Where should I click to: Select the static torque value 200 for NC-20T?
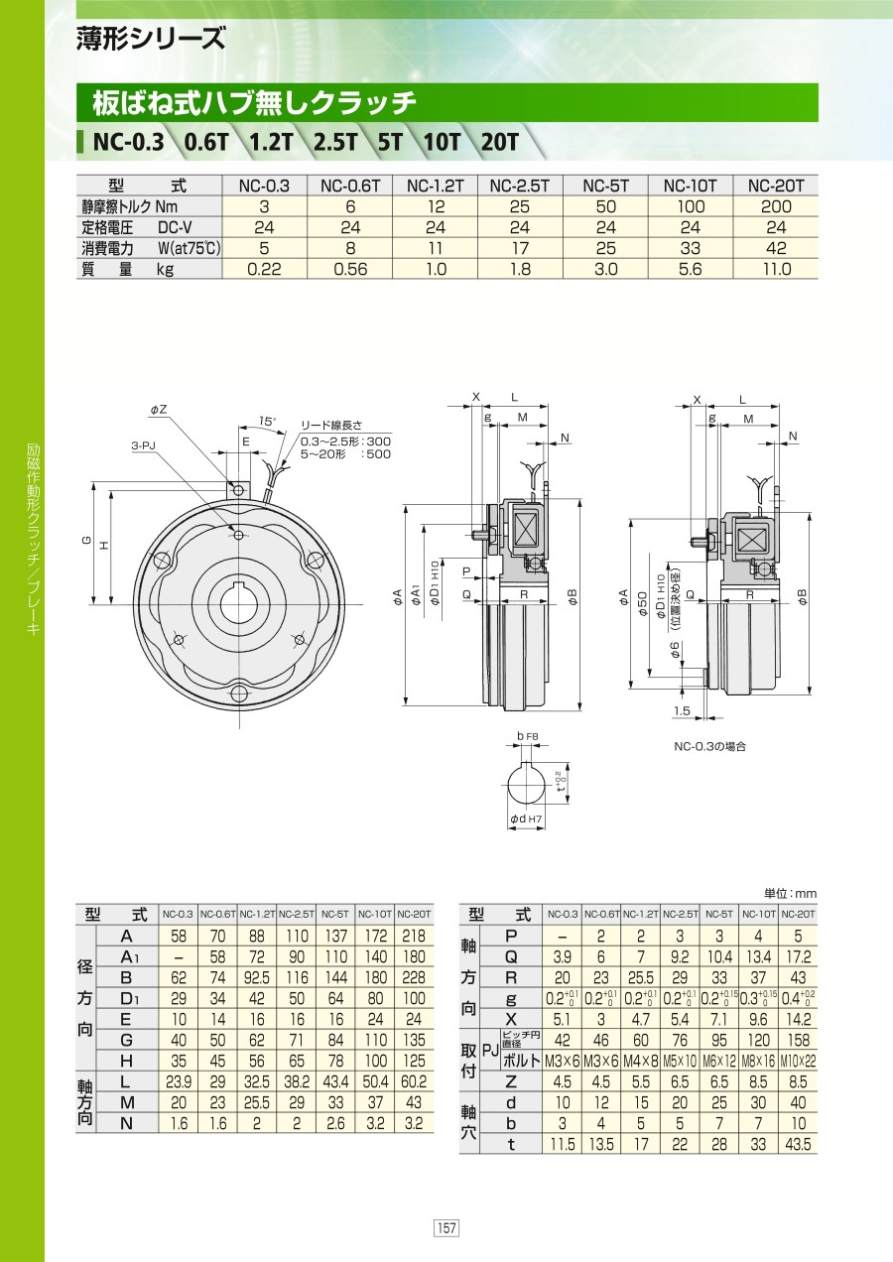coord(776,206)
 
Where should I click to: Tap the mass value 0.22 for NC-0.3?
coord(264,269)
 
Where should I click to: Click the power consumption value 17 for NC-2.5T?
coord(520,248)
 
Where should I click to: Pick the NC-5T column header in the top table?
coord(605,186)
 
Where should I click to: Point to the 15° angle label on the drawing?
coord(268,421)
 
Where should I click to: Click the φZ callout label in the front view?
coord(159,410)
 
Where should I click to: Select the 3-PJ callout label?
coord(143,445)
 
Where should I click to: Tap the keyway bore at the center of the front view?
coord(239,604)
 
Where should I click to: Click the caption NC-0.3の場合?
coord(709,746)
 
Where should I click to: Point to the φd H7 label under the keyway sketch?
coord(526,820)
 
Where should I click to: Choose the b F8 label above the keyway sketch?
coord(528,736)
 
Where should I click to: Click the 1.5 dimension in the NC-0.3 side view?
coord(682,711)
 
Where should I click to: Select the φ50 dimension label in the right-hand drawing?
coord(643,603)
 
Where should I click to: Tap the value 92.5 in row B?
coord(257,977)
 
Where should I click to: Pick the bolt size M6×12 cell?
coord(719,1062)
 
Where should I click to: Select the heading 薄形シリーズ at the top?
coord(151,39)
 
